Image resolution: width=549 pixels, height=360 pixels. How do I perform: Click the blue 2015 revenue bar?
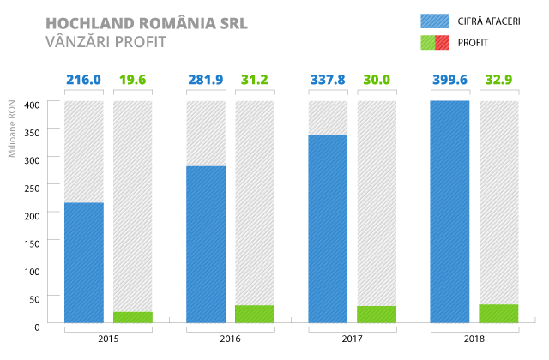pyautogui.click(x=83, y=262)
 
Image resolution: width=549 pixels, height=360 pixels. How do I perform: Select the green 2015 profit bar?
pyautogui.click(x=132, y=317)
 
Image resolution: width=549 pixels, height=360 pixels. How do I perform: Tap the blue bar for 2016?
pyautogui.click(x=206, y=244)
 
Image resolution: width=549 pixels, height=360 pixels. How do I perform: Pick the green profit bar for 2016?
pyautogui.click(x=255, y=314)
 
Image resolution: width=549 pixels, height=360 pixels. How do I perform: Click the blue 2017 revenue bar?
pyautogui.click(x=328, y=229)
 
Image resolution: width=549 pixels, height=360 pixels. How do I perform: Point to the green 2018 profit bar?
pyautogui.click(x=499, y=314)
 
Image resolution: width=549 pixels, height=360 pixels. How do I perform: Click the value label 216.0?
pyautogui.click(x=83, y=81)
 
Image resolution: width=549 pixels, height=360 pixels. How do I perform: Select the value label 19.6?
pyautogui.click(x=132, y=81)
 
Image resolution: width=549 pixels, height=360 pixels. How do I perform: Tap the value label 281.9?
pyautogui.click(x=206, y=81)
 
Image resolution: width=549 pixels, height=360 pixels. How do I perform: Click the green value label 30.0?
pyautogui.click(x=377, y=81)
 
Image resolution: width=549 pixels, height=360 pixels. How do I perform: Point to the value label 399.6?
pyautogui.click(x=449, y=81)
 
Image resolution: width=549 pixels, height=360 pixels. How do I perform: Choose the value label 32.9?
pyautogui.click(x=499, y=81)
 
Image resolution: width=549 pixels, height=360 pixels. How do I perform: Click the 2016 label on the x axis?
pyautogui.click(x=231, y=340)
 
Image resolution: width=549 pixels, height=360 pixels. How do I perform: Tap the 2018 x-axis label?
pyautogui.click(x=474, y=340)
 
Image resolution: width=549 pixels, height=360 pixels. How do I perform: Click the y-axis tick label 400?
pyautogui.click(x=31, y=105)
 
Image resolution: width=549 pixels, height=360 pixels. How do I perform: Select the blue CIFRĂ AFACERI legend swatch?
pyautogui.click(x=435, y=21)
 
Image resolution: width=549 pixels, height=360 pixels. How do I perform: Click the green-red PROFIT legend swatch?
pyautogui.click(x=435, y=42)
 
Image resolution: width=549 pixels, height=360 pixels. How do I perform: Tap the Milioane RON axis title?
pyautogui.click(x=13, y=129)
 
